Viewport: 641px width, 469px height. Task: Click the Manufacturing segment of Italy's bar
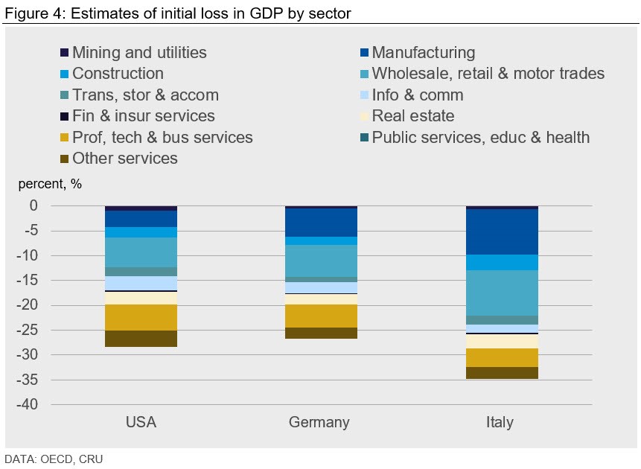click(x=502, y=232)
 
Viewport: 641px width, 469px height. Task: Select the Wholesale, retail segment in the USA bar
click(x=141, y=252)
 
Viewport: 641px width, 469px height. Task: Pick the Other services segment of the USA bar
click(x=141, y=339)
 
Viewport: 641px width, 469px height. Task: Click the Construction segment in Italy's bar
click(x=502, y=262)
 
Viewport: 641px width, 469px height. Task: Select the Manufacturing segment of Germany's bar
click(x=321, y=222)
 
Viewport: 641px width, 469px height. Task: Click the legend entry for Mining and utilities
click(x=139, y=53)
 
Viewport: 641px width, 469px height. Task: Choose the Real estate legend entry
click(x=412, y=116)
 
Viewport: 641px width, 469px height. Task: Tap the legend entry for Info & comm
click(x=417, y=95)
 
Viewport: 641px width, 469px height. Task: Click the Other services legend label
click(x=124, y=159)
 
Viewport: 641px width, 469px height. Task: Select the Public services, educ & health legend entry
click(x=480, y=138)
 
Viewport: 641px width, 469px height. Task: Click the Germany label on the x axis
click(x=319, y=423)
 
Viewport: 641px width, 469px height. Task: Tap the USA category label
click(x=141, y=423)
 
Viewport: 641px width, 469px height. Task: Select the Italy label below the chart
click(x=500, y=423)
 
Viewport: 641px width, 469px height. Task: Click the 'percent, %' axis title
click(x=50, y=185)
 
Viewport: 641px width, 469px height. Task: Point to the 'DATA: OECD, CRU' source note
click(x=54, y=459)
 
